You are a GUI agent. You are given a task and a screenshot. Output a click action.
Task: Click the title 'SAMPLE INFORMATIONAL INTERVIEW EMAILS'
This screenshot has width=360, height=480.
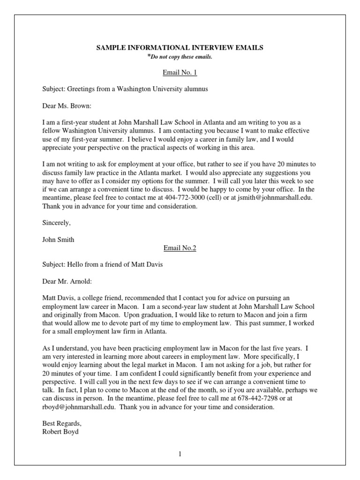[x=180, y=47]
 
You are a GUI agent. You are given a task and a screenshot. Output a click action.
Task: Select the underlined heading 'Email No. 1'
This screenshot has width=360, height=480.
[x=180, y=73]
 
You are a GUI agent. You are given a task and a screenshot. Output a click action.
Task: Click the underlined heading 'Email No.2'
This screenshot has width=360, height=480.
[x=180, y=248]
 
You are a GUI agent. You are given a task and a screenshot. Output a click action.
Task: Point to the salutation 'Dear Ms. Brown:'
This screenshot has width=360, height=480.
[x=67, y=105]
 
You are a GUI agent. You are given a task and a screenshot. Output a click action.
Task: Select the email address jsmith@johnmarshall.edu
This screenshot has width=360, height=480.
[x=273, y=198]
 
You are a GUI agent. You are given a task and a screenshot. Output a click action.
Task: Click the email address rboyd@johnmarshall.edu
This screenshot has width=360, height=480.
[x=79, y=407]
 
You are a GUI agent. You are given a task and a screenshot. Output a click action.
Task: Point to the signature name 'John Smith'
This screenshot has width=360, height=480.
[x=58, y=240]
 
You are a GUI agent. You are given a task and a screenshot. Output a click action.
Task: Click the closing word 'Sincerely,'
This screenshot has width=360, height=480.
[x=56, y=223]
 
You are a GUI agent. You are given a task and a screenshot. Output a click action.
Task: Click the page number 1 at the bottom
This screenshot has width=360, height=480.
[x=180, y=454]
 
